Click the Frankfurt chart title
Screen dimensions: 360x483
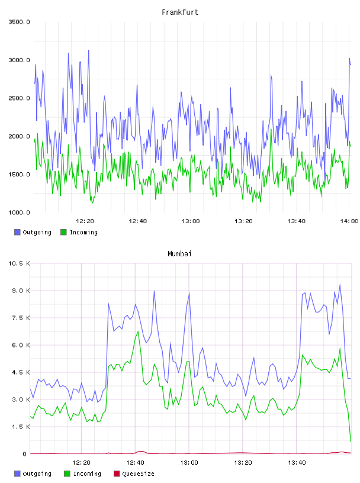click(x=180, y=12)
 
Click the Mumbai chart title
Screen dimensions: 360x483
click(x=179, y=253)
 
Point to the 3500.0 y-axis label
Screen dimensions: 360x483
click(x=19, y=22)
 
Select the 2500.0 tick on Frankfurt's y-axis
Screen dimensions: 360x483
click(x=19, y=98)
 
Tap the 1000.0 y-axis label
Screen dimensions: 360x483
click(x=19, y=212)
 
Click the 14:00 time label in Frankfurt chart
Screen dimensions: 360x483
click(x=349, y=221)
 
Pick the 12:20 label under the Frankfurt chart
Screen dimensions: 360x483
click(x=85, y=221)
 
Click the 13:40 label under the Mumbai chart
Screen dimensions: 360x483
click(x=297, y=462)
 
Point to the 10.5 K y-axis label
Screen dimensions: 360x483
click(x=19, y=263)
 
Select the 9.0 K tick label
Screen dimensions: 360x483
click(x=21, y=291)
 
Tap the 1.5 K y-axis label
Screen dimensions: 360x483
click(x=21, y=427)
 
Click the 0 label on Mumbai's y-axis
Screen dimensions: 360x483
click(x=24, y=454)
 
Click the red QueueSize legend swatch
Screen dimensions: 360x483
click(x=117, y=474)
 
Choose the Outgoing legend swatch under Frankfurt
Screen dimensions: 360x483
click(x=17, y=232)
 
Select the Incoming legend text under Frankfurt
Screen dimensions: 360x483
click(x=83, y=232)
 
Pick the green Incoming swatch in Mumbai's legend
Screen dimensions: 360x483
click(x=67, y=474)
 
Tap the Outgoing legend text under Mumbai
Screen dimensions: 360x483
click(x=37, y=474)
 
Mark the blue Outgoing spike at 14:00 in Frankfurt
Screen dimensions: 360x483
click(x=349, y=58)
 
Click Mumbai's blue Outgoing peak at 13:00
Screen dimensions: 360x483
click(x=189, y=293)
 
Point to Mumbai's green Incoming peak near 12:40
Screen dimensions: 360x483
click(x=138, y=331)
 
